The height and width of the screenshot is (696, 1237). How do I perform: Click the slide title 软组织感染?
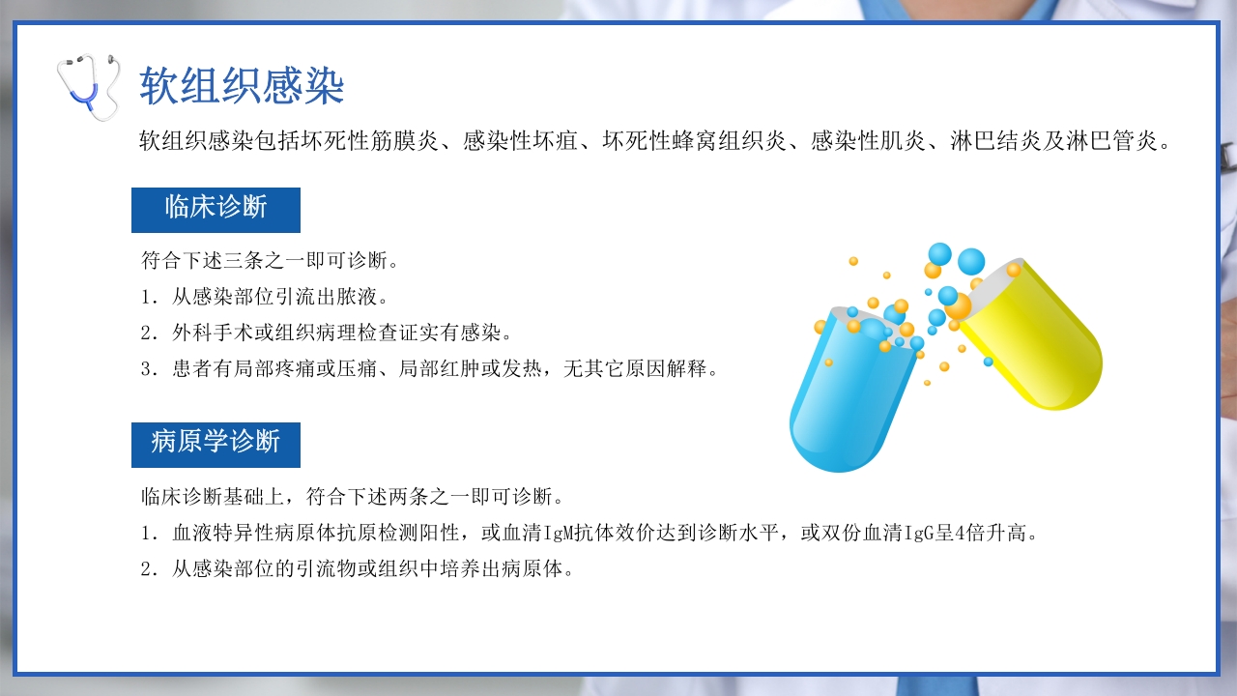[242, 87]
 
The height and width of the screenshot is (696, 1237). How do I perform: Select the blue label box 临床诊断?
[216, 210]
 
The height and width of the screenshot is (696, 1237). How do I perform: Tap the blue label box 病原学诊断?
[216, 445]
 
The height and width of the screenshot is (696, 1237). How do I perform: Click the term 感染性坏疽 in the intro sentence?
[521, 142]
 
